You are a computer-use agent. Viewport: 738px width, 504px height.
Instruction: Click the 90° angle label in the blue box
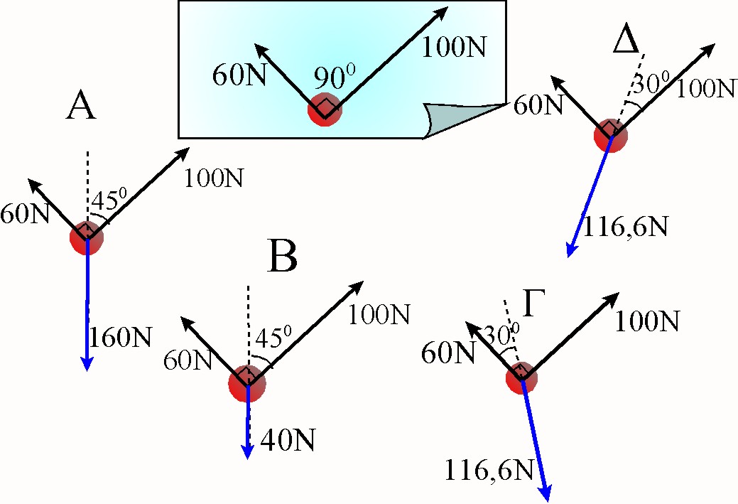pos(330,80)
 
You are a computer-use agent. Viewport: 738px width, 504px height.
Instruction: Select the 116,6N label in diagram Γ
pos(490,468)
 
